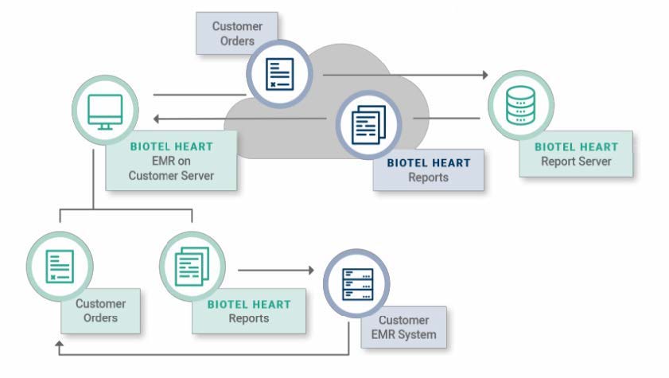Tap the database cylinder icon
[x=519, y=105]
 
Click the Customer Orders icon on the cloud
[x=278, y=72]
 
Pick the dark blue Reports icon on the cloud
[x=368, y=123]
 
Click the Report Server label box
[x=576, y=154]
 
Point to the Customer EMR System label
[x=403, y=327]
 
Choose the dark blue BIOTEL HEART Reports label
[x=428, y=170]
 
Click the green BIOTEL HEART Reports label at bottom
[x=249, y=311]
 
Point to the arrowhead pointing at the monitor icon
[x=157, y=119]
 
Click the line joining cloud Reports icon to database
[x=446, y=119]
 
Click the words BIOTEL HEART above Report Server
[x=576, y=146]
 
